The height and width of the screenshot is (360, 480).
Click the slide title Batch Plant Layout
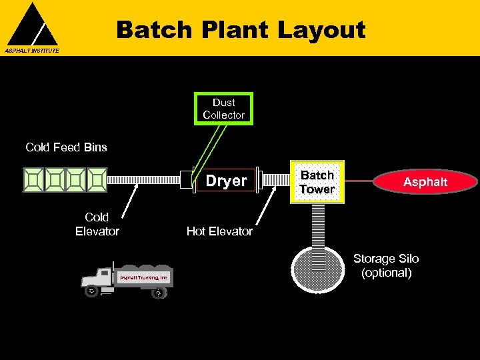pyautogui.click(x=241, y=30)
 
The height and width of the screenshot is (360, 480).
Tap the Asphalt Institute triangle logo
pyautogui.click(x=32, y=25)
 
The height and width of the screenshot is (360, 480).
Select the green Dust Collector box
pyautogui.click(x=223, y=109)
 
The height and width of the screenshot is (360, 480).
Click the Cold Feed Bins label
pyautogui.click(x=66, y=147)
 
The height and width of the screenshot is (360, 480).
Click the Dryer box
pyautogui.click(x=226, y=181)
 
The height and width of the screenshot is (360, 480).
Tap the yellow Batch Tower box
pyautogui.click(x=317, y=181)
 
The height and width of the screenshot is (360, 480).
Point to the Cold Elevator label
pyautogui.click(x=97, y=225)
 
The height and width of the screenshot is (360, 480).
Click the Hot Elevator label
pyautogui.click(x=219, y=231)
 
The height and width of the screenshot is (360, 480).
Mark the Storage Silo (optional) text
pyautogui.click(x=386, y=265)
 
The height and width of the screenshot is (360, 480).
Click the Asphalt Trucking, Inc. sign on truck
pyautogui.click(x=143, y=277)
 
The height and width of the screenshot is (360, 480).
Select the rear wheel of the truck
pyautogui.click(x=158, y=292)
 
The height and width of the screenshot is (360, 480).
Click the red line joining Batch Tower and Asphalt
pyautogui.click(x=360, y=181)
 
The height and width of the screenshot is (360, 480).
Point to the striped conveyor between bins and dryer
pyautogui.click(x=143, y=180)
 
